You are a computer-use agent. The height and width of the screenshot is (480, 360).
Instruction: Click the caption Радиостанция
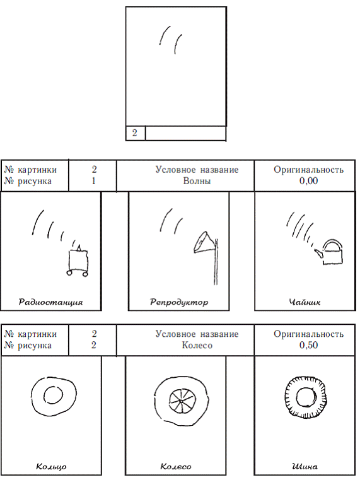pyautogui.click(x=50, y=302)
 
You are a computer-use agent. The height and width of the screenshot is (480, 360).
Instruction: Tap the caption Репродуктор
pyautogui.click(x=179, y=302)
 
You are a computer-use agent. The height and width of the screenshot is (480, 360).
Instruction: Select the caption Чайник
pyautogui.click(x=305, y=302)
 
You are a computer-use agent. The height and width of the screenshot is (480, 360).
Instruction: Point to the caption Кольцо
pyautogui.click(x=51, y=467)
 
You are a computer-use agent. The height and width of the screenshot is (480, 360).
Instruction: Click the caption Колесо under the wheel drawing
pyautogui.click(x=176, y=467)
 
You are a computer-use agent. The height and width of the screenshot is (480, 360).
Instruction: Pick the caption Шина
pyautogui.click(x=305, y=467)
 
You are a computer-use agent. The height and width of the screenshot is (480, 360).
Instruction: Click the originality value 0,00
pyautogui.click(x=308, y=181)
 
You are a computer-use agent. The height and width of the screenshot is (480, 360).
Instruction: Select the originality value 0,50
pyautogui.click(x=308, y=345)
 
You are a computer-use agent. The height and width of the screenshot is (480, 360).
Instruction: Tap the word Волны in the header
pyautogui.click(x=197, y=181)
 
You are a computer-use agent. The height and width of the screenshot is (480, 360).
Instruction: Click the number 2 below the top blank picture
pyautogui.click(x=134, y=133)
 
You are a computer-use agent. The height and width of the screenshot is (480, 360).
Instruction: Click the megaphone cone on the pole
pyautogui.click(x=204, y=243)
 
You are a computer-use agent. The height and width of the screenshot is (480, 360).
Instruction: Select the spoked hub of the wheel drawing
pyautogui.click(x=181, y=401)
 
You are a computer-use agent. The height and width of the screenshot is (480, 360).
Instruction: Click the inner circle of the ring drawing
pyautogui.click(x=54, y=395)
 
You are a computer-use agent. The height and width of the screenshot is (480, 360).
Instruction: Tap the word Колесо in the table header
pyautogui.click(x=197, y=345)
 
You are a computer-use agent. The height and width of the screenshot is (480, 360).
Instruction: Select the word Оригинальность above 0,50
pyautogui.click(x=308, y=334)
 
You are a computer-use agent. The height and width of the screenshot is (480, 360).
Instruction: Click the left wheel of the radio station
pyautogui.click(x=69, y=273)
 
